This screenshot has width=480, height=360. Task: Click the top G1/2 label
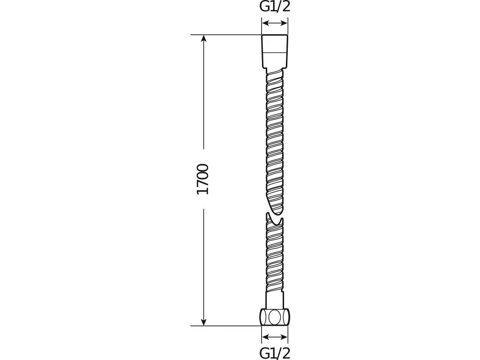275,7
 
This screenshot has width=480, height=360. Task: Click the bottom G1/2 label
275,353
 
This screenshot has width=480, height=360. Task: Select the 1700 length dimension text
203,180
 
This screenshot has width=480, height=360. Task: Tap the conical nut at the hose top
275,52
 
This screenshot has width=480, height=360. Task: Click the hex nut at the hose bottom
275,317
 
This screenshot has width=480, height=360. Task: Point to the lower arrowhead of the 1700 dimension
204,322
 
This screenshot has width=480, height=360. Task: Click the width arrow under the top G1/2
275,23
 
